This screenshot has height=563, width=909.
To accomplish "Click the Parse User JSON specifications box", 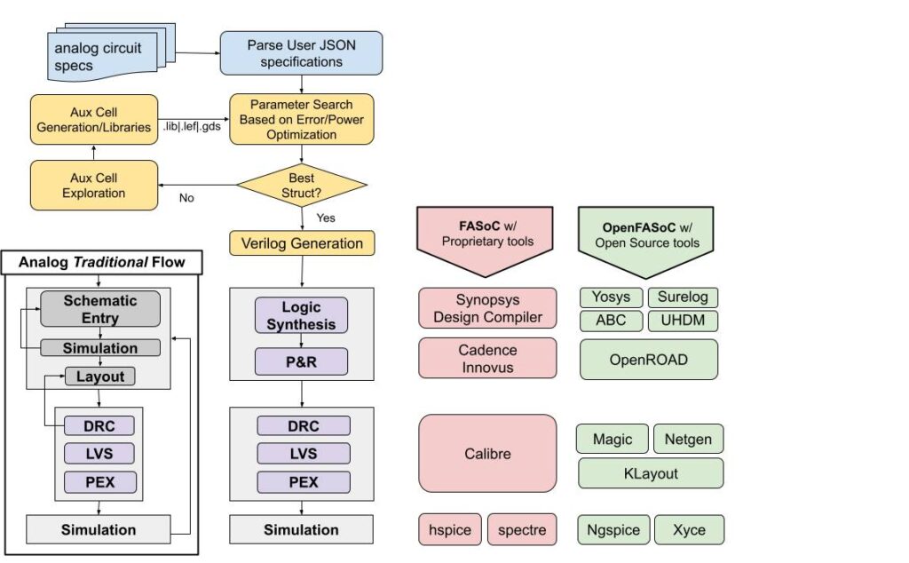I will [301, 52].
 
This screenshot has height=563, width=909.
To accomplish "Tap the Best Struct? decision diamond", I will [301, 184].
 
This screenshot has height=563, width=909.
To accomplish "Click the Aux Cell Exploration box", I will [94, 185].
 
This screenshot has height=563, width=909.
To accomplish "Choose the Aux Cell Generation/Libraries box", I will [94, 119].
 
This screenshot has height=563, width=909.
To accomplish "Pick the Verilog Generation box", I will [302, 243].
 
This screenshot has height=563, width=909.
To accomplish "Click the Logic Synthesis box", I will [301, 316].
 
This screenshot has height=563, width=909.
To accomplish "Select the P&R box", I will [301, 361].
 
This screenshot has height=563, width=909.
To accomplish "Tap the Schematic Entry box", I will [99, 309].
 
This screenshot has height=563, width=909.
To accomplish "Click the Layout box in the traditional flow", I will [99, 377].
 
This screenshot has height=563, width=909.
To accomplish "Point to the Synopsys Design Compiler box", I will [487, 308].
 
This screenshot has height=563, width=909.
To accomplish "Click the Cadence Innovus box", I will [487, 359].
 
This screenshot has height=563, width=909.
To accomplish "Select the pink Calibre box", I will [487, 454].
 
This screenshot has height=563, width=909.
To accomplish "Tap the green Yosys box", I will [610, 297].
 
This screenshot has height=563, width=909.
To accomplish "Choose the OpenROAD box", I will [648, 359].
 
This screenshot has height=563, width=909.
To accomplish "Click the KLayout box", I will [650, 473].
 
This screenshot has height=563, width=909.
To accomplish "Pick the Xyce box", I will [689, 530].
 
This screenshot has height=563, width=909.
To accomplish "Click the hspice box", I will [449, 530].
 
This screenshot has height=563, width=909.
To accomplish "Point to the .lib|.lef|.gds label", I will [192, 126].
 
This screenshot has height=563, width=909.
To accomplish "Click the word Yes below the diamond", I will [326, 217].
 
